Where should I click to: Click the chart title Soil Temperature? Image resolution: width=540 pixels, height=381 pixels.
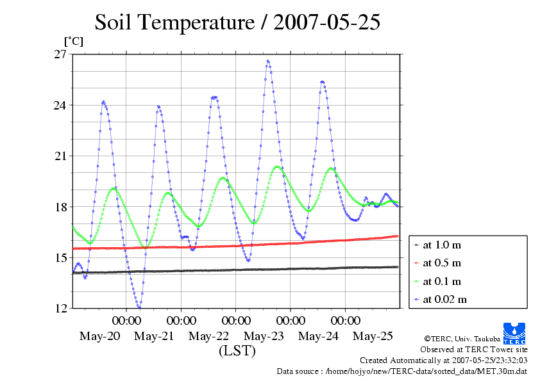pyautogui.click(x=237, y=22)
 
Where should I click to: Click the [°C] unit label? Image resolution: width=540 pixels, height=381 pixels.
pyautogui.click(x=72, y=41)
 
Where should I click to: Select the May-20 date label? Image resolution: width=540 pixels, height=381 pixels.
pyautogui.click(x=100, y=336)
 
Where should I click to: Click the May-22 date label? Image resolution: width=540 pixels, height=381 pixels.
pyautogui.click(x=209, y=336)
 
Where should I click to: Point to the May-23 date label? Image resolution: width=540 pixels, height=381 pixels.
pyautogui.click(x=264, y=336)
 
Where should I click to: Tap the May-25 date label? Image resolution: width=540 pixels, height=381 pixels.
pyautogui.click(x=374, y=336)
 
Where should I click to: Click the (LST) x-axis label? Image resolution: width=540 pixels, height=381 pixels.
pyautogui.click(x=237, y=351)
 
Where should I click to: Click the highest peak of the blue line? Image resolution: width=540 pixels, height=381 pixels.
pyautogui.click(x=267, y=61)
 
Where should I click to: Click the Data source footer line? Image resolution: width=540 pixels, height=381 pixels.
pyautogui.click(x=402, y=371)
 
